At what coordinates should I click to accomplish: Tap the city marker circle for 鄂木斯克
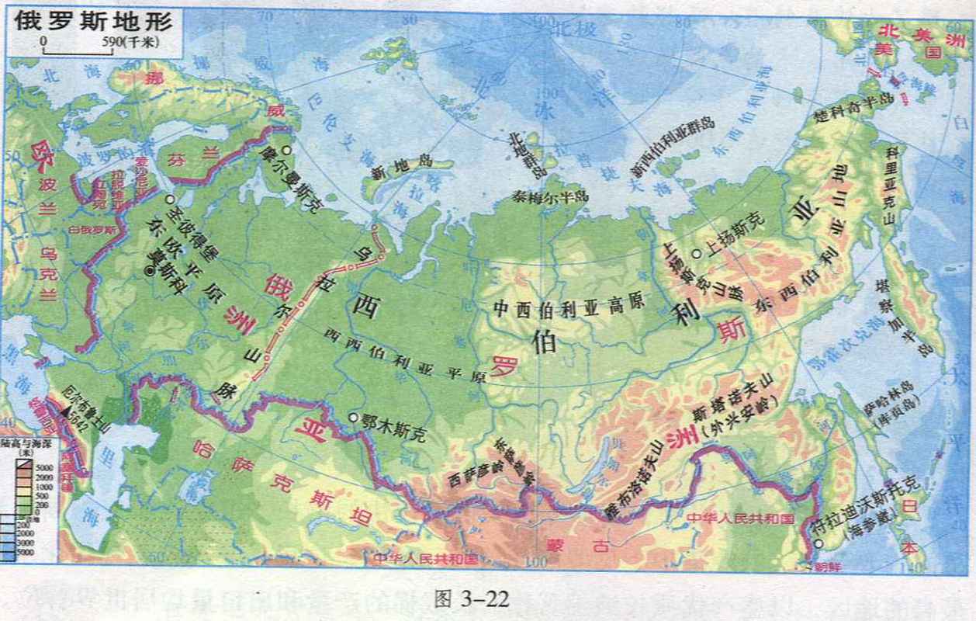pyautogui.click(x=354, y=418)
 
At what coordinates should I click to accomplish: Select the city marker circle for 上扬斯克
pyautogui.click(x=697, y=253)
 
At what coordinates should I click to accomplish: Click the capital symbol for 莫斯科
pyautogui.click(x=149, y=269)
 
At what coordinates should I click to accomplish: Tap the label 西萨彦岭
pyautogui.click(x=472, y=475)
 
